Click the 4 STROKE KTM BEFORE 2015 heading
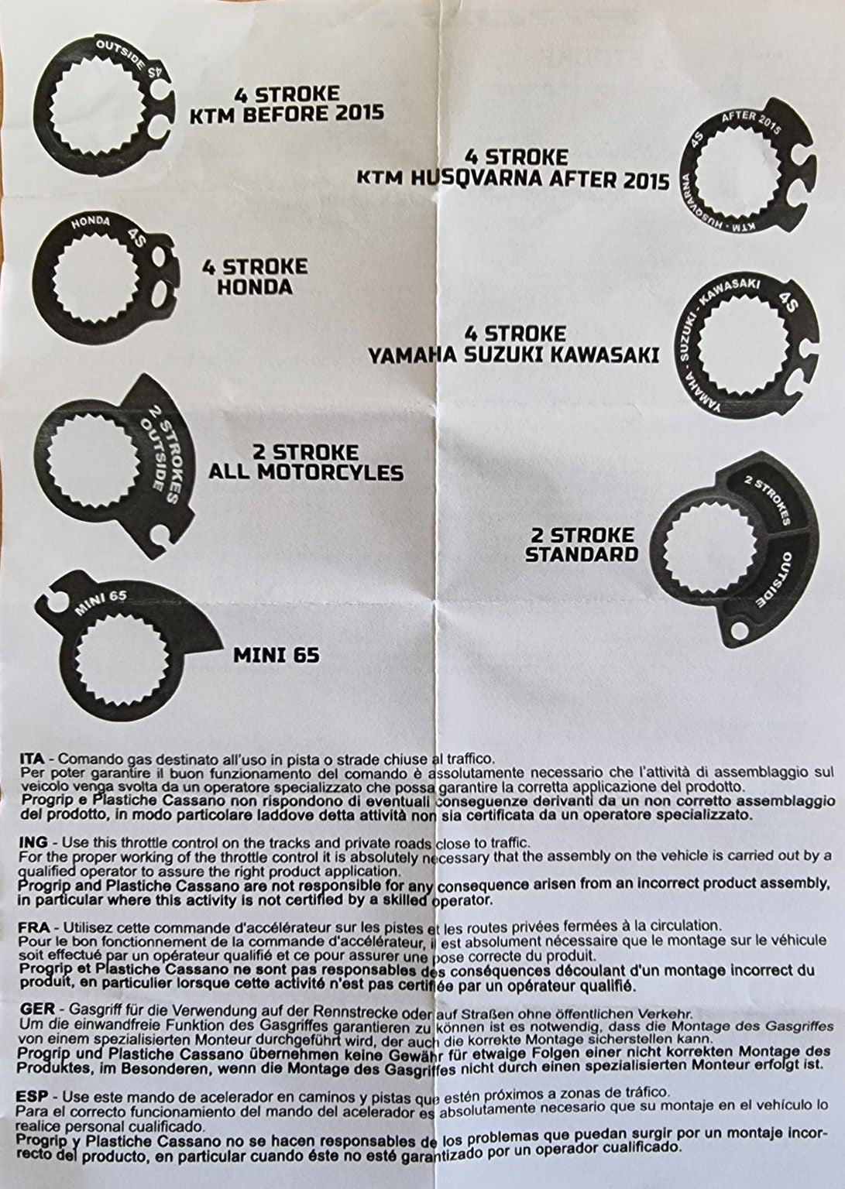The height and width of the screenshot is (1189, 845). (x=287, y=104)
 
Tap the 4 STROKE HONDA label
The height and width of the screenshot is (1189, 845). (x=255, y=276)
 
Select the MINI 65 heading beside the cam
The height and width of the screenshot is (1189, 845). (x=277, y=656)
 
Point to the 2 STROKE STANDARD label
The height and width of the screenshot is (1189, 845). (x=581, y=544)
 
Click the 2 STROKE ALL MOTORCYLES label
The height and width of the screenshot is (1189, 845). (x=306, y=462)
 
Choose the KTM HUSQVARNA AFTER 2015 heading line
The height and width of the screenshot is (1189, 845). (x=513, y=179)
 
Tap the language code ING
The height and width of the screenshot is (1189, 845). (x=33, y=842)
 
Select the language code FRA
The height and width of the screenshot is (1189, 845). (x=34, y=927)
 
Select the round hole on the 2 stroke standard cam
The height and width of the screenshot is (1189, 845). (x=739, y=630)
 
